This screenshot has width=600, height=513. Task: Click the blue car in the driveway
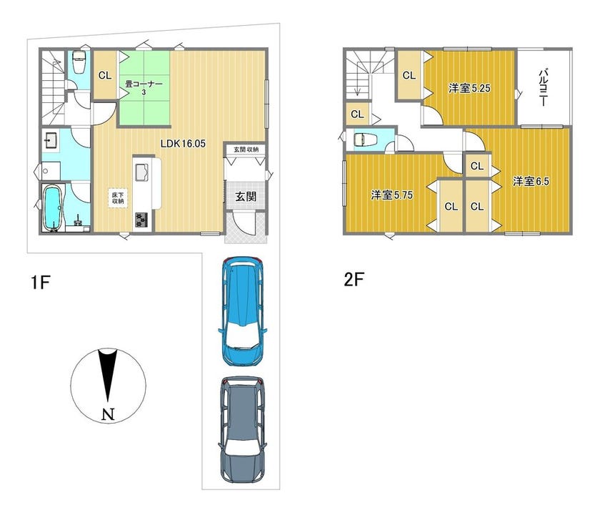242,312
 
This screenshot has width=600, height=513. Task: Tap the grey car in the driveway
242,430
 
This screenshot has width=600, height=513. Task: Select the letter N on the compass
109,414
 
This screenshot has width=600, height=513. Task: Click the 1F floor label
40,283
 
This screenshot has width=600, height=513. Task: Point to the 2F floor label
353,280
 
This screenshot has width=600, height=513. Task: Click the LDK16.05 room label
183,144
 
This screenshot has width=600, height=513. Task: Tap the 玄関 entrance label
245,197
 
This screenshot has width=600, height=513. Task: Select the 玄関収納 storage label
246,149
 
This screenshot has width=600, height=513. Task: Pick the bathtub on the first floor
52,208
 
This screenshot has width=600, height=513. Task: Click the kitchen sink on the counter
142,172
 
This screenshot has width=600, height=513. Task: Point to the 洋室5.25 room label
469,89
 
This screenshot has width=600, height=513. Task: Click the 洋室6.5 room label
531,181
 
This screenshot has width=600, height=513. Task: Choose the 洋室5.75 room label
392,195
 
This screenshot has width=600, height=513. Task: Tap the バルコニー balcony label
543,88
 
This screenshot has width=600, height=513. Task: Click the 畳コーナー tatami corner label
144,87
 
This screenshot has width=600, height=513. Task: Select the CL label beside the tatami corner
105,76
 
